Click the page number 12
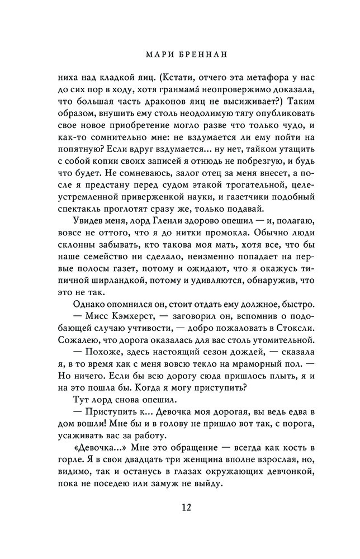click(180, 508)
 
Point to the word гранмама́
click(210, 92)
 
